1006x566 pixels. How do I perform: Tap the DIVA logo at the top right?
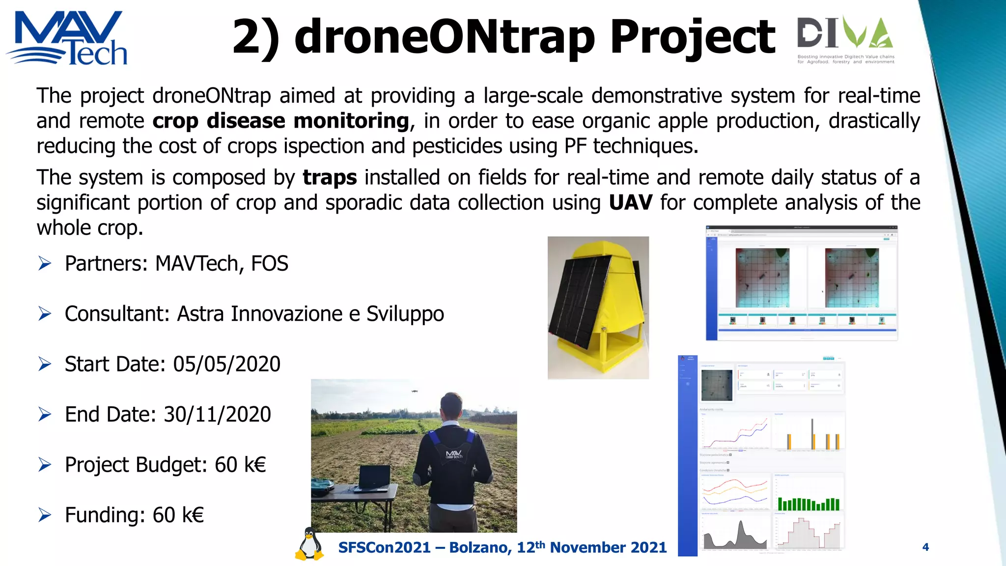click(845, 39)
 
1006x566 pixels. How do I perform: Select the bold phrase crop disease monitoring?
click(280, 121)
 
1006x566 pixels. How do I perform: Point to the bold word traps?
click(330, 177)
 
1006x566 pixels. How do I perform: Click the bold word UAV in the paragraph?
click(631, 202)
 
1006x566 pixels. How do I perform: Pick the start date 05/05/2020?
click(226, 364)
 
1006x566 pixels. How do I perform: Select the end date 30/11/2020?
click(217, 414)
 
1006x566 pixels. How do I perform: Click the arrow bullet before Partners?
click(45, 264)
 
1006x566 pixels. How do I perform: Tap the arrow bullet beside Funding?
click(45, 515)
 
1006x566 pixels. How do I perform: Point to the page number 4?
click(925, 547)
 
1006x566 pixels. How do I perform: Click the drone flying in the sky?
click(414, 392)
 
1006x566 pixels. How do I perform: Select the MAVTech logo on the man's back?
click(454, 454)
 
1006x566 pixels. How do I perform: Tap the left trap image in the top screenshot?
click(762, 278)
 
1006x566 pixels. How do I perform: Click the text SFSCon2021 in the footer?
click(384, 547)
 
